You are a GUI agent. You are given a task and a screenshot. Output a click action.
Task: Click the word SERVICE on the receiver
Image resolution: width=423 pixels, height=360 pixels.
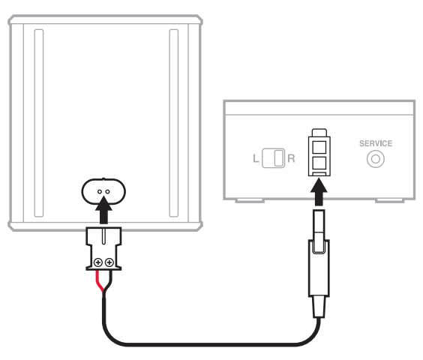pos(376,143)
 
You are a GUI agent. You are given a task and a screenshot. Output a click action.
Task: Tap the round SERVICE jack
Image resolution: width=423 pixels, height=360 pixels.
pos(376,159)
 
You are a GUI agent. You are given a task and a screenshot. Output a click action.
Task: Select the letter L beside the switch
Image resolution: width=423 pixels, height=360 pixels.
pos(256,158)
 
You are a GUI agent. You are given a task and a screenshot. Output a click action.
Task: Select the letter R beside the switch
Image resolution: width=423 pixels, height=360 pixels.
pos(291,158)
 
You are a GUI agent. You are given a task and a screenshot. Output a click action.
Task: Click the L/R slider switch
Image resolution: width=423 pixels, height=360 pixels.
pos(273,158)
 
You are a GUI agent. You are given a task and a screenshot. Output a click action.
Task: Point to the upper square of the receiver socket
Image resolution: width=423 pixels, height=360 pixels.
pos(319,147)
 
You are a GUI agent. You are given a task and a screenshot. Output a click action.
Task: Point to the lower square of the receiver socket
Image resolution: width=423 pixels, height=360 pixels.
pos(319,163)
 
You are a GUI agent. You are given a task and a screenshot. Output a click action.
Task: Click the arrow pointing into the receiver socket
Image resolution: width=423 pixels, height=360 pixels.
pos(319,192)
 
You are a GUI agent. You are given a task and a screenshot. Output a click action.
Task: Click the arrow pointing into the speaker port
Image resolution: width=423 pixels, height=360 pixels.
pos(103,210)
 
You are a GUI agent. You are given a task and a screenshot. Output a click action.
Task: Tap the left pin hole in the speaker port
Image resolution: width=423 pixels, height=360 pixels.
pos(100,191)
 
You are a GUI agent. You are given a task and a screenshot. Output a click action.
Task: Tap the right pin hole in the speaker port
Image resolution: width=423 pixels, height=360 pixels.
pos(108,191)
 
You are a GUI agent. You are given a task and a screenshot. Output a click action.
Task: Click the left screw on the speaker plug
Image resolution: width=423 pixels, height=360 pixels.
pos(98,262)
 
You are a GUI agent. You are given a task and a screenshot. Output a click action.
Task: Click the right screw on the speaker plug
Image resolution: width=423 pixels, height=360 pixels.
pos(109,262)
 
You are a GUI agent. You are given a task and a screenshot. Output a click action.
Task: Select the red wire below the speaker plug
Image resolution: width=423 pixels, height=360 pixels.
pos(100,283)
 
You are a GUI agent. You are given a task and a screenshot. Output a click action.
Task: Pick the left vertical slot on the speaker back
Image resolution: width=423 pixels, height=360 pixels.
pos(39,123)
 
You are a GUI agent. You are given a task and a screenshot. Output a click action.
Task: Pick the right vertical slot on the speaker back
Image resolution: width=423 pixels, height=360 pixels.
pos(174,123)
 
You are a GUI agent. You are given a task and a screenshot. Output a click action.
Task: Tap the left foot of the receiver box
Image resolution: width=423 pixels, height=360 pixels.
pos(250,201)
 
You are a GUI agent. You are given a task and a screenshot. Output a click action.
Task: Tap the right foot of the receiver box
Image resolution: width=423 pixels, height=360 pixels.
pos(389,201)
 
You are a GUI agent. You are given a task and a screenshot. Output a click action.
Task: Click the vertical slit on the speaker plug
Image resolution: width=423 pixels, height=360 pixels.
pos(103,236)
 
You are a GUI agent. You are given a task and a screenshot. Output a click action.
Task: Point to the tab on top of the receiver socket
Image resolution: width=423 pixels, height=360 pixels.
pos(319,133)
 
